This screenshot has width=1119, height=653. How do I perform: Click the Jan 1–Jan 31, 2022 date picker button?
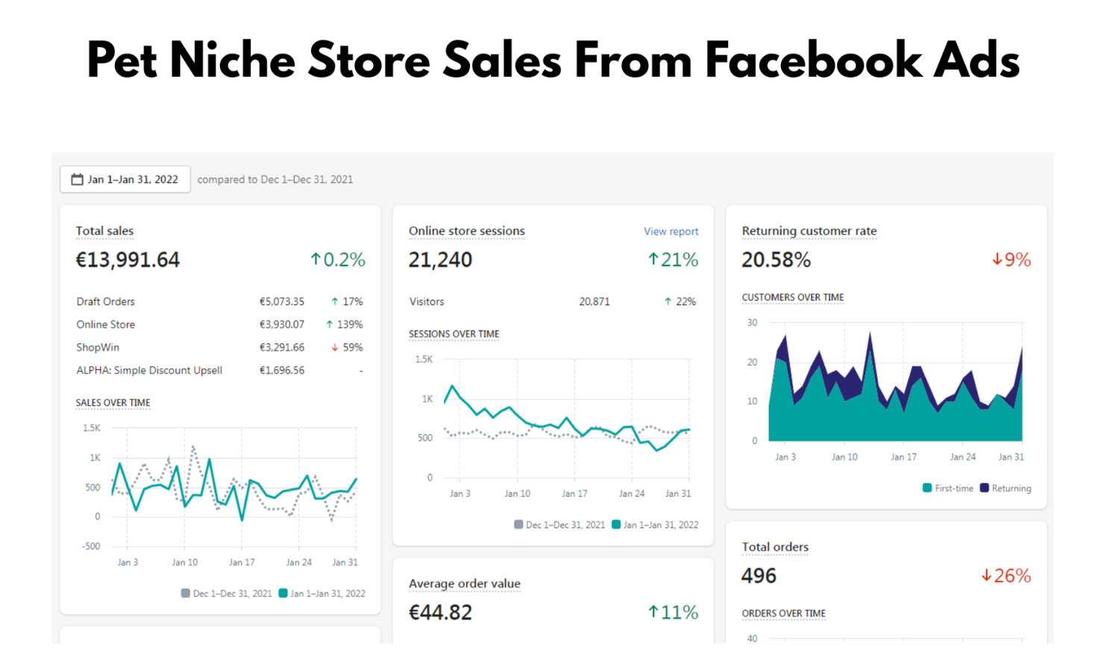(x=125, y=179)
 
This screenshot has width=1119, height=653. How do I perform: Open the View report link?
(x=671, y=231)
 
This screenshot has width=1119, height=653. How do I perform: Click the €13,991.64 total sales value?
(x=128, y=260)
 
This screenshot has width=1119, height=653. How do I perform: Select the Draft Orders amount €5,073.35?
(x=281, y=301)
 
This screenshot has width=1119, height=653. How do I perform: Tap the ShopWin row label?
(x=98, y=347)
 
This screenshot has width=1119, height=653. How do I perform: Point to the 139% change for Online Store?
(x=345, y=325)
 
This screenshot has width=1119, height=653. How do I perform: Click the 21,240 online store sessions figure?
(x=440, y=260)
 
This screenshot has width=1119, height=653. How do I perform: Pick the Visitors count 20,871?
(x=594, y=301)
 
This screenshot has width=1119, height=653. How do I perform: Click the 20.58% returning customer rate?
(x=776, y=260)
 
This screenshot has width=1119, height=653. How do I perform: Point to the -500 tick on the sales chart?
(x=91, y=546)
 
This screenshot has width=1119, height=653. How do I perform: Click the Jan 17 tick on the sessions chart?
(x=574, y=493)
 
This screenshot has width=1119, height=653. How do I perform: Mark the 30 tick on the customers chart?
(x=752, y=322)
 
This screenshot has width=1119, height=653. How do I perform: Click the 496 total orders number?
(x=759, y=575)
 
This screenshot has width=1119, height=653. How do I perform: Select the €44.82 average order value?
(x=440, y=612)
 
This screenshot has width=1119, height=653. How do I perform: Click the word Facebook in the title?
(x=813, y=60)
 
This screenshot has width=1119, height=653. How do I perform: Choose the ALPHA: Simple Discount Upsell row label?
(x=149, y=370)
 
